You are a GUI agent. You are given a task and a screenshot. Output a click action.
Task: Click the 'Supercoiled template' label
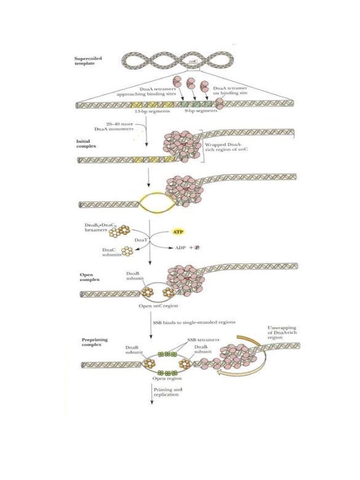[88, 61]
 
